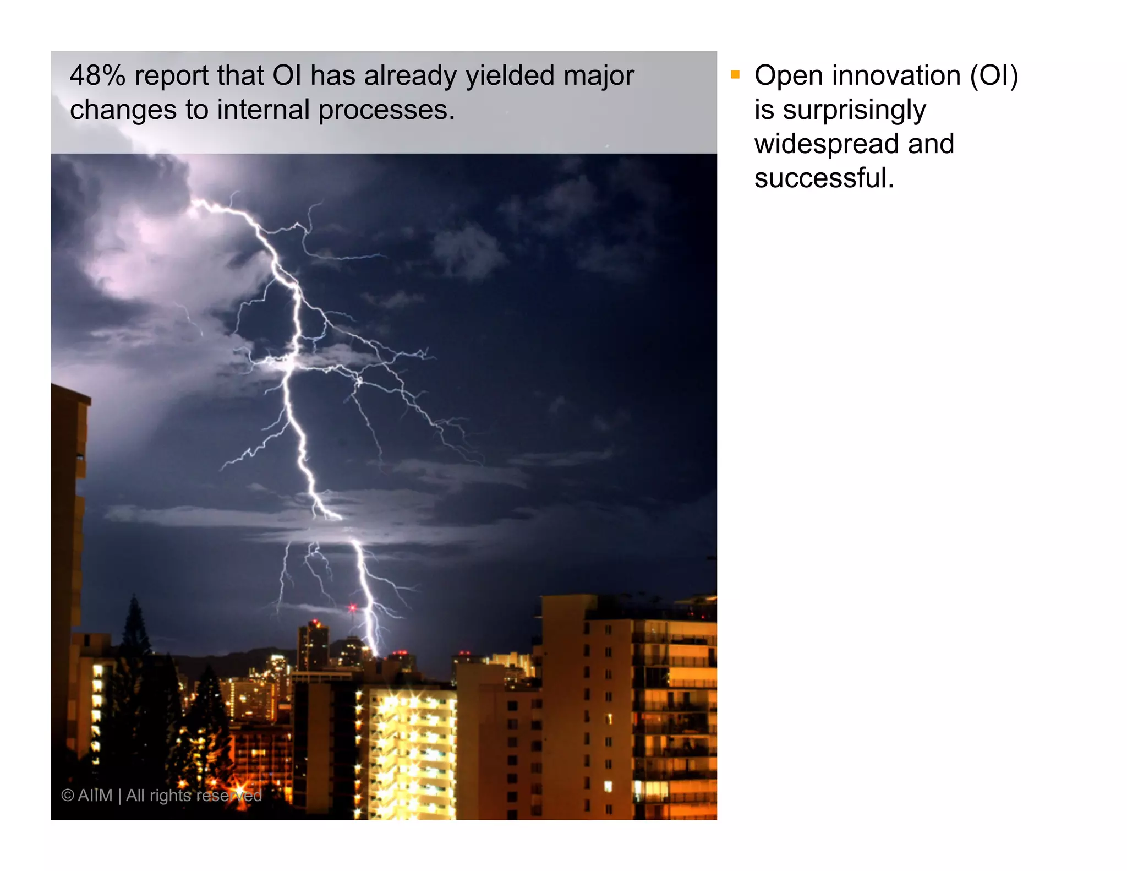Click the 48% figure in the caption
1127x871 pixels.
tap(97, 75)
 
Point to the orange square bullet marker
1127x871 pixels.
tap(735, 74)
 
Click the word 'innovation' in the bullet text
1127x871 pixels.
tap(896, 75)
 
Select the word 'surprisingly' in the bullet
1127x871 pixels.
tap(854, 111)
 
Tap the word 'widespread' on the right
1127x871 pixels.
tap(827, 144)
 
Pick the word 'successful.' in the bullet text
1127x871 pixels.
tap(823, 178)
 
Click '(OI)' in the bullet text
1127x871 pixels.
tap(994, 75)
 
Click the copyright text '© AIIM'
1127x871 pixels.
tap(86, 795)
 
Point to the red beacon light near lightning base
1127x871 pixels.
tap(352, 607)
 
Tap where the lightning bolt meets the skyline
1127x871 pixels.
tap(376, 654)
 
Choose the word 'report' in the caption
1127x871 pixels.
tap(171, 77)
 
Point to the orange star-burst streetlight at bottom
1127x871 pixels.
tap(240, 790)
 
